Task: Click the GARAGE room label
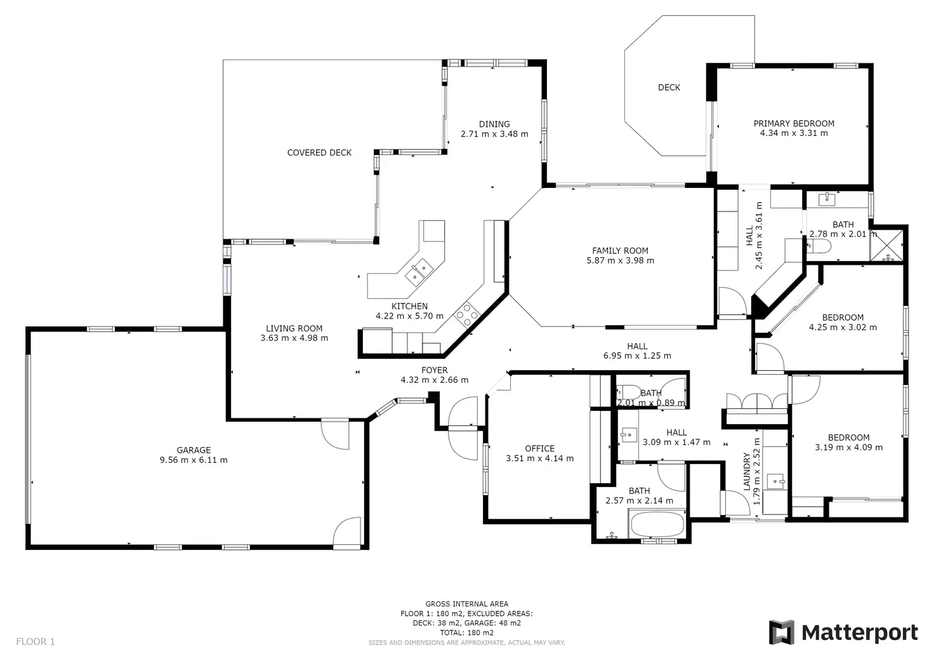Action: pyautogui.click(x=194, y=450)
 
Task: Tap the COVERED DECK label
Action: pyautogui.click(x=319, y=153)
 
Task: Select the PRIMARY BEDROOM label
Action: pyautogui.click(x=794, y=124)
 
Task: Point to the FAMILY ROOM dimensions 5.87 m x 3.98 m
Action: pyautogui.click(x=621, y=261)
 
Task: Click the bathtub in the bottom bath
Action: pyautogui.click(x=657, y=524)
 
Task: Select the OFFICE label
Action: pyautogui.click(x=539, y=448)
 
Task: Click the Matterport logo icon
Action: pyautogui.click(x=781, y=632)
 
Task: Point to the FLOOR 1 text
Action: pyautogui.click(x=36, y=641)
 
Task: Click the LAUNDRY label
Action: pyautogui.click(x=747, y=472)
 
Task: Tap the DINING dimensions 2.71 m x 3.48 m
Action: pyautogui.click(x=494, y=134)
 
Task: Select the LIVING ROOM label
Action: pyautogui.click(x=294, y=328)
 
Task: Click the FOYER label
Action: pyautogui.click(x=435, y=370)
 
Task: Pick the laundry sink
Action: pyautogui.click(x=776, y=481)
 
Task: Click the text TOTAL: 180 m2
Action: pyautogui.click(x=467, y=632)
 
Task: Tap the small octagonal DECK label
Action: pyautogui.click(x=669, y=88)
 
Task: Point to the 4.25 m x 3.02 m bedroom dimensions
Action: pyautogui.click(x=843, y=328)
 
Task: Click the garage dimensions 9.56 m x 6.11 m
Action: pyautogui.click(x=194, y=460)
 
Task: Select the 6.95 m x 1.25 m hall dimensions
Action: pyautogui.click(x=637, y=356)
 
